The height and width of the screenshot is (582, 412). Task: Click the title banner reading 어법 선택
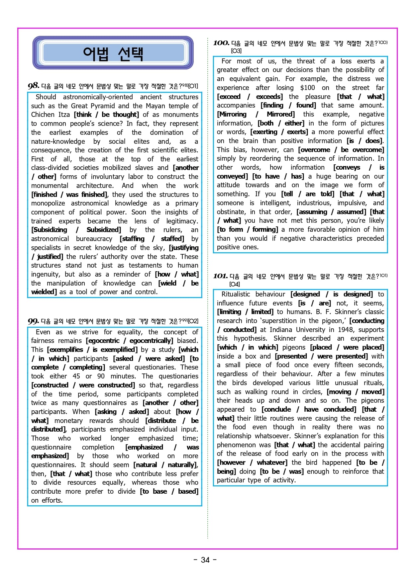[113, 53]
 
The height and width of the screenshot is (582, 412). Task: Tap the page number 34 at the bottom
[205, 560]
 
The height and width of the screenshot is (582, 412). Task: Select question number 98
[33, 86]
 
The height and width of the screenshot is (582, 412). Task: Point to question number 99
[33, 321]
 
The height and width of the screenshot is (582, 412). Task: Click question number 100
[221, 43]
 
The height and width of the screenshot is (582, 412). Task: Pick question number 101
[220, 276]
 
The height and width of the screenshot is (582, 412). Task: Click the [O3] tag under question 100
[236, 51]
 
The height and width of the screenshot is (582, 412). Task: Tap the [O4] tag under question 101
[235, 284]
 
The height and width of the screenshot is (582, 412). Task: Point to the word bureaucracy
[94, 239]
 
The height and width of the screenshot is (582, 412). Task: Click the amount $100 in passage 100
[307, 88]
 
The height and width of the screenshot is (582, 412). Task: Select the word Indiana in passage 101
[281, 330]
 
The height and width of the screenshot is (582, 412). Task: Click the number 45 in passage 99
[76, 376]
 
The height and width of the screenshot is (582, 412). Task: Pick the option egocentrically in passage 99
[151, 341]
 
